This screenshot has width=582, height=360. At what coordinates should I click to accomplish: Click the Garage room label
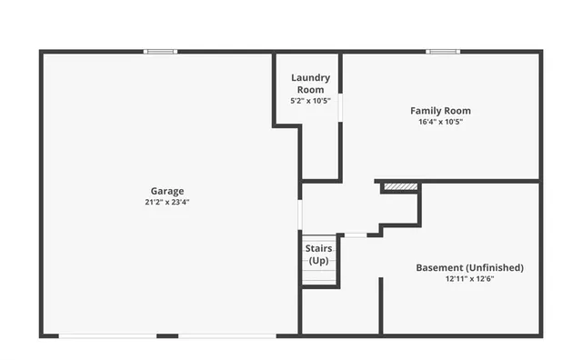point(167,191)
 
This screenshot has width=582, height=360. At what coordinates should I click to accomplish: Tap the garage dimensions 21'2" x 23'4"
point(167,202)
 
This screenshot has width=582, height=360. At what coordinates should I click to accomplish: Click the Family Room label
point(440,111)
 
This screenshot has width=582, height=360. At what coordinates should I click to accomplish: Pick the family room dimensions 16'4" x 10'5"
point(440,121)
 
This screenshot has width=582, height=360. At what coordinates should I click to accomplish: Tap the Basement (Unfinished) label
point(469,267)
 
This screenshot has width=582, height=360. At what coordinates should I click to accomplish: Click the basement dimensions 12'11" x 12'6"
point(469,279)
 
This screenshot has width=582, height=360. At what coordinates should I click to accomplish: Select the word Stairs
point(318,248)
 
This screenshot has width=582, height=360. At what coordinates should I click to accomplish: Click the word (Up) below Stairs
point(318,261)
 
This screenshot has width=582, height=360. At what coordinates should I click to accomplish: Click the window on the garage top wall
point(161,51)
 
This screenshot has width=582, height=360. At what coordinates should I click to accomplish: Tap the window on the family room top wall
point(443,51)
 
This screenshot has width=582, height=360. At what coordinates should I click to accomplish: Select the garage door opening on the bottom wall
point(168,336)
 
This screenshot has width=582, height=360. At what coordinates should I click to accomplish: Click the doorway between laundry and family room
point(340,106)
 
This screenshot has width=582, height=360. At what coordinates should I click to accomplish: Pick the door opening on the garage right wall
point(299,215)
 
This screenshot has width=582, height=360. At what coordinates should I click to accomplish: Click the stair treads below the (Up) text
point(318,275)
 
